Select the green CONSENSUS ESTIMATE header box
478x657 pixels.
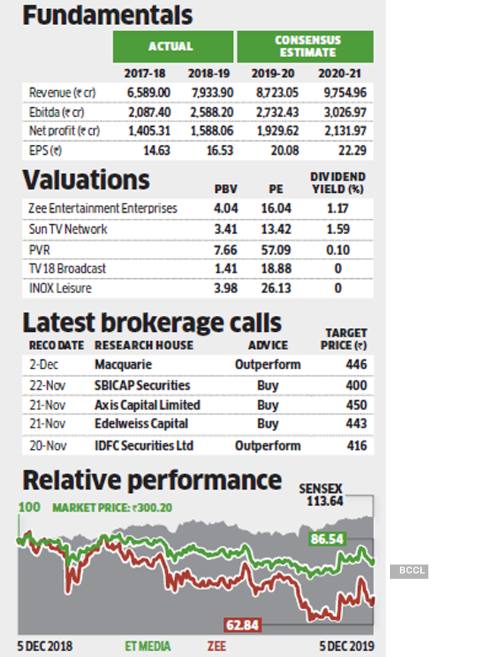pos(305,47)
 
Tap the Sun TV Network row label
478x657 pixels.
pos(68,229)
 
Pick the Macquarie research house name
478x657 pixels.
pos(123,365)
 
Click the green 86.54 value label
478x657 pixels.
pos(327,539)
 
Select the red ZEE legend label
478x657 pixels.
pos(215,646)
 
